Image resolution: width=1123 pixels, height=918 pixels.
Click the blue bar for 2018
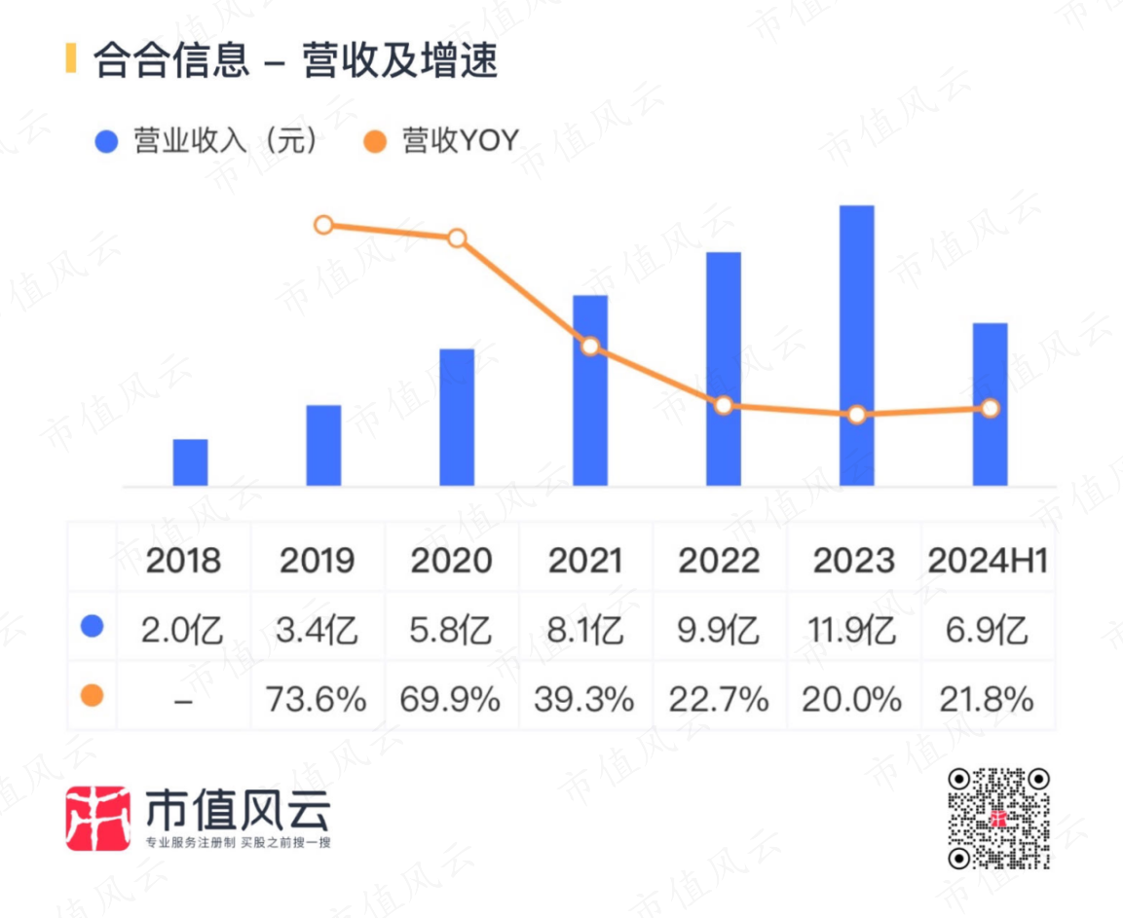coord(191,462)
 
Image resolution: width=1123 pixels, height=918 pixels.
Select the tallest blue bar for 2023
coord(856,346)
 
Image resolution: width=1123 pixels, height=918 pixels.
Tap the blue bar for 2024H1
coord(990,405)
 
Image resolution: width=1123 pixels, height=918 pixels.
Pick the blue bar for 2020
coord(457,418)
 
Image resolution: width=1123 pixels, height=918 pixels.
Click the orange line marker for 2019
coord(323,226)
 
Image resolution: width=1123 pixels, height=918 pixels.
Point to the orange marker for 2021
coord(590,347)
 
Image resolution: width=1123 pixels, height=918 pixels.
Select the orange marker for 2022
coord(724,406)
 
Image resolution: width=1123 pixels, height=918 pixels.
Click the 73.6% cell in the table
coord(316,699)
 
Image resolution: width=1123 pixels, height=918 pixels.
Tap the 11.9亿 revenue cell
coord(851,630)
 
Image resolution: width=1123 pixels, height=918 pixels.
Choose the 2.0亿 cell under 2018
coord(182,630)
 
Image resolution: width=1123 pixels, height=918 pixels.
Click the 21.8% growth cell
coord(987,699)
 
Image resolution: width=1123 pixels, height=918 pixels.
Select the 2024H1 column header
coord(988,561)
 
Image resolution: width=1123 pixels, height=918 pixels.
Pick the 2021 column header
coord(585,561)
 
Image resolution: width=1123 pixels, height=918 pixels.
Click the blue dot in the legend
coord(106,141)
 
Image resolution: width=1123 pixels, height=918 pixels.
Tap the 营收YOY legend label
coord(460,140)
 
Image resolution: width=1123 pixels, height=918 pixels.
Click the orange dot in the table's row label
coord(92,695)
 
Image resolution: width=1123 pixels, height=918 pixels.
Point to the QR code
coord(999,819)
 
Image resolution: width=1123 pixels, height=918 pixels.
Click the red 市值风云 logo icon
coord(98,819)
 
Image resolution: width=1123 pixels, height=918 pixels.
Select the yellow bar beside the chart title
coord(70,58)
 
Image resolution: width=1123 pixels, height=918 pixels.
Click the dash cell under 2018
coord(183,701)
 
